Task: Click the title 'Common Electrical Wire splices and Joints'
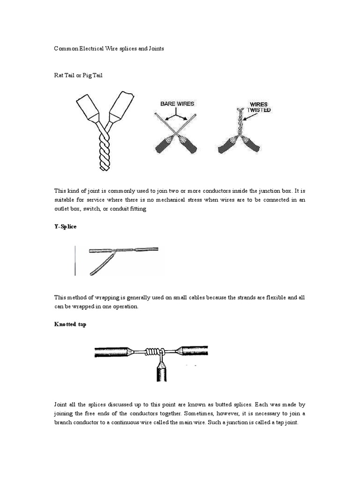point(109,49)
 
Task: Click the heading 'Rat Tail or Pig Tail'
point(78,75)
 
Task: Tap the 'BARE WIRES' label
point(177,104)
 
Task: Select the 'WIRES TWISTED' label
point(259,107)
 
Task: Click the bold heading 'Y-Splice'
point(65,226)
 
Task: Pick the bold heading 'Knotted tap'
point(70,324)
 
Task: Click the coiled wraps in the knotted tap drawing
point(152,351)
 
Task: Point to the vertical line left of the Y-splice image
point(75,260)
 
